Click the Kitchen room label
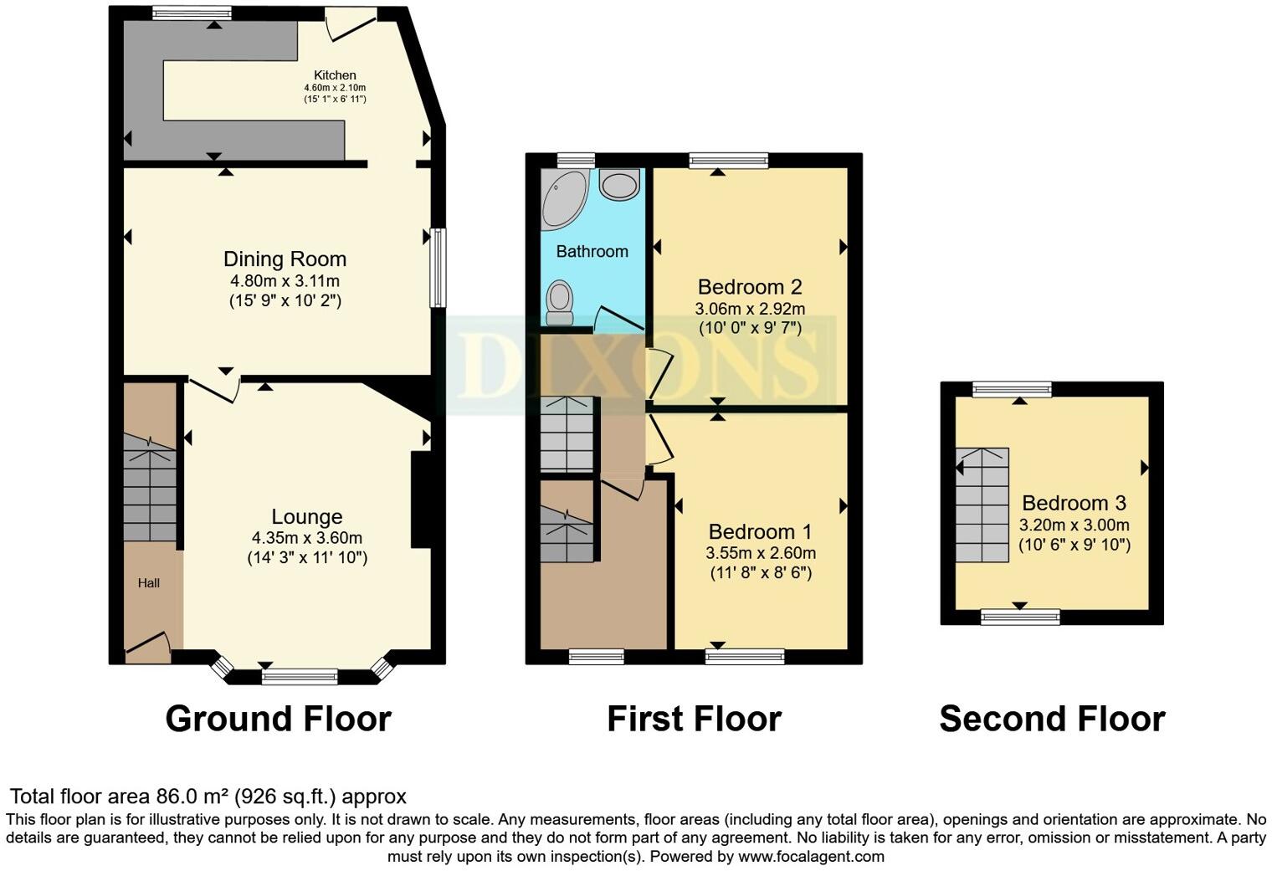[x=335, y=75]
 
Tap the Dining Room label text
[x=285, y=259]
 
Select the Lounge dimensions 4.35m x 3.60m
[x=306, y=538]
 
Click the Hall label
[x=149, y=583]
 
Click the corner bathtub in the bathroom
[x=563, y=198]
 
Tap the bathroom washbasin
[x=620, y=184]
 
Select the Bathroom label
[x=592, y=251]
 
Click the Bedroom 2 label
[x=750, y=287]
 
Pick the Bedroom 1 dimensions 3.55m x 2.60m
[x=760, y=553]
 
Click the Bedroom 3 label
[x=1074, y=503]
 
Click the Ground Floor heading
[x=278, y=719]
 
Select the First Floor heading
[x=694, y=719]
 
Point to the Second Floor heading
[x=1052, y=719]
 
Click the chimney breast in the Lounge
[x=421, y=500]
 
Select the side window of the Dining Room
[x=438, y=267]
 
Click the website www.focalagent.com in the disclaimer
[x=810, y=857]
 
